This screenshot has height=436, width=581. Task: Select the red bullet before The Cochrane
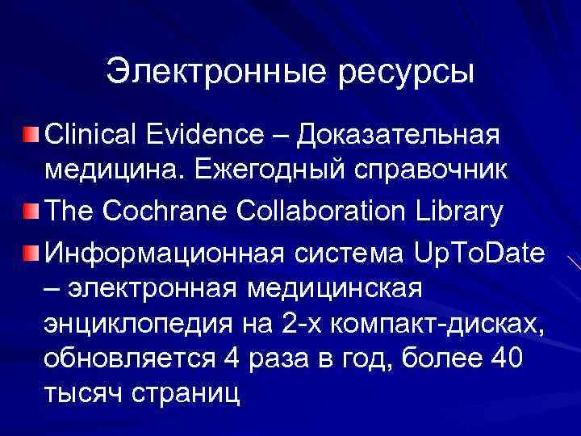tap(31, 212)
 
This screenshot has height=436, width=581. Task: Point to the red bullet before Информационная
tap(31, 253)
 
